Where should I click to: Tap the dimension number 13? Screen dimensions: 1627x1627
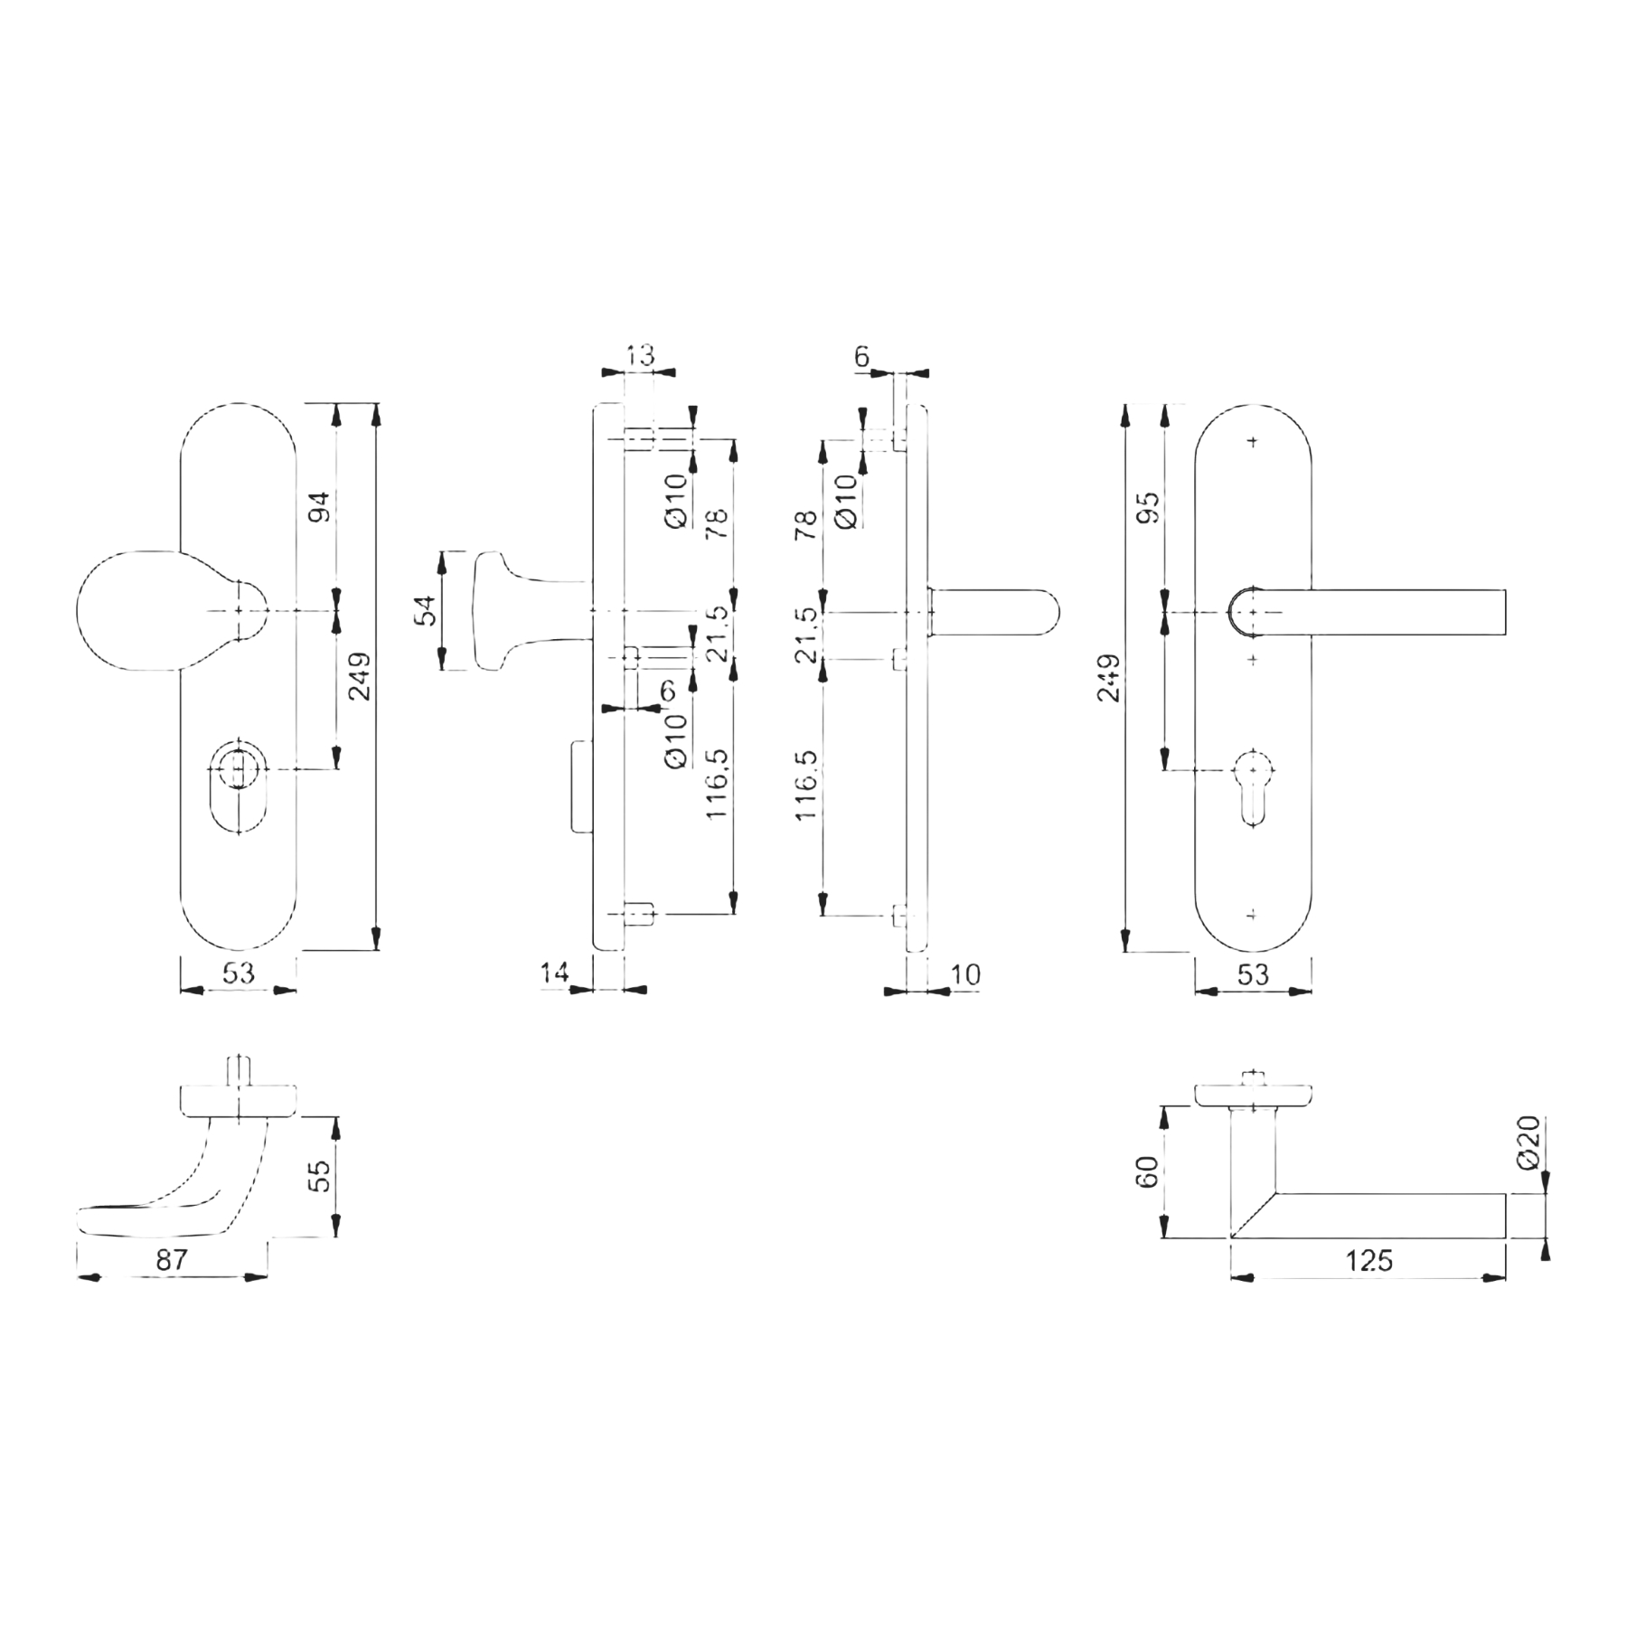click(639, 355)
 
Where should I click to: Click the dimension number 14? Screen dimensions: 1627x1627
click(554, 973)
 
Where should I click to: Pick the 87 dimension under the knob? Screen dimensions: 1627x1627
click(171, 1259)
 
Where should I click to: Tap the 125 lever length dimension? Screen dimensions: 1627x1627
click(1369, 1259)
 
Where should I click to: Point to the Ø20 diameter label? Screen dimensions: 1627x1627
click(1528, 1143)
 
